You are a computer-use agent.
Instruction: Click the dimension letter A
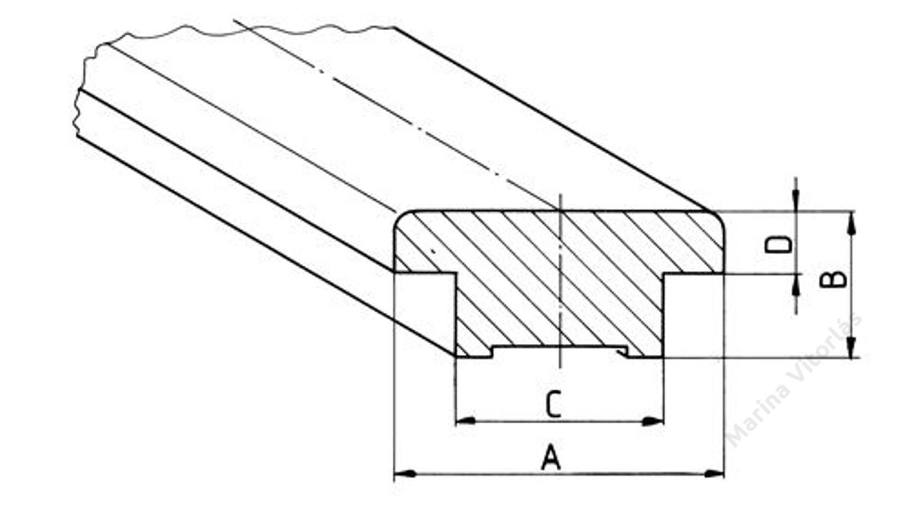[551, 457]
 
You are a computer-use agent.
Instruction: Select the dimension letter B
[834, 279]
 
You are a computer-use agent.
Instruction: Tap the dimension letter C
[553, 406]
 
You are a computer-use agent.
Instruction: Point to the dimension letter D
[778, 245]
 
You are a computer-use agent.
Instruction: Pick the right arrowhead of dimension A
[713, 474]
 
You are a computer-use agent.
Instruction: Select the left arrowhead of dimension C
[466, 421]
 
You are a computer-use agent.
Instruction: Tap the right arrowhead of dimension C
[653, 421]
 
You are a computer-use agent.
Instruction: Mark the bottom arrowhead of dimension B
[852, 347]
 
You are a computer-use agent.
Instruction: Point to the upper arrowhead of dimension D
[795, 199]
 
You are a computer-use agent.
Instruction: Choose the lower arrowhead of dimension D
[795, 285]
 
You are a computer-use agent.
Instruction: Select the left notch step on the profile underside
[493, 352]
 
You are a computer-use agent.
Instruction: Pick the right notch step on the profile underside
[626, 352]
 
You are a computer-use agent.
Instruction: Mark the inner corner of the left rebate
[456, 273]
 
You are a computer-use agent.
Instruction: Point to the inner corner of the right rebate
[663, 273]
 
